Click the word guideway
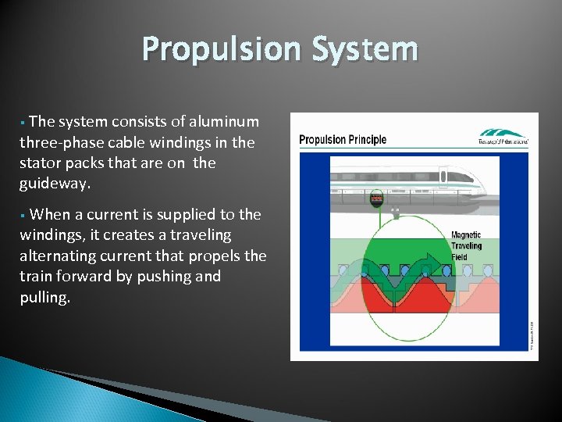[55, 184]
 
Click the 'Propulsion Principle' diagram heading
[343, 140]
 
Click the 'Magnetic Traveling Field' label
[466, 245]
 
